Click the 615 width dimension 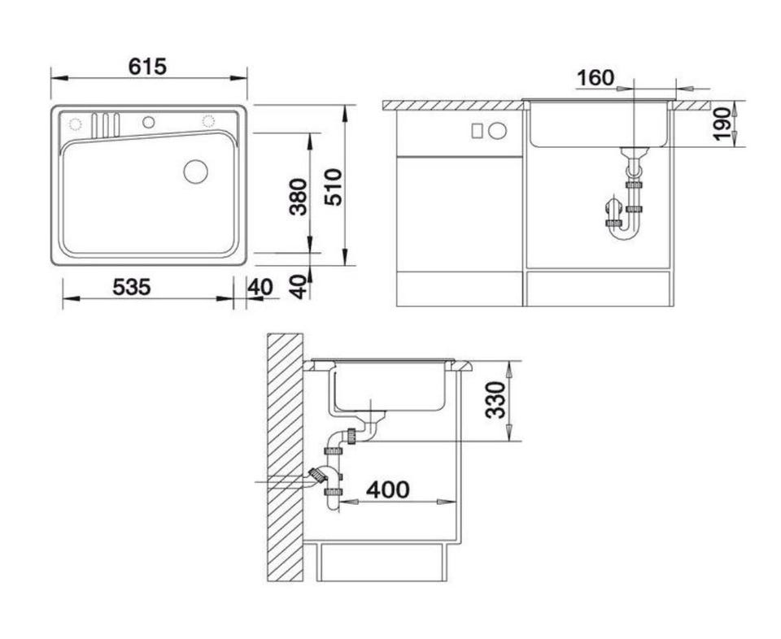(x=147, y=66)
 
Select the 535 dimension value (x=132, y=287)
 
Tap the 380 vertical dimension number (x=299, y=197)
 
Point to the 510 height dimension (x=334, y=188)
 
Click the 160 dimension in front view (x=596, y=78)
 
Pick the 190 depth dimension (x=722, y=124)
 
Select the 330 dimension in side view (x=496, y=400)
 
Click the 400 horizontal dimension (x=388, y=489)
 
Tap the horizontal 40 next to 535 (x=261, y=287)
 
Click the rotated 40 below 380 (x=299, y=287)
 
